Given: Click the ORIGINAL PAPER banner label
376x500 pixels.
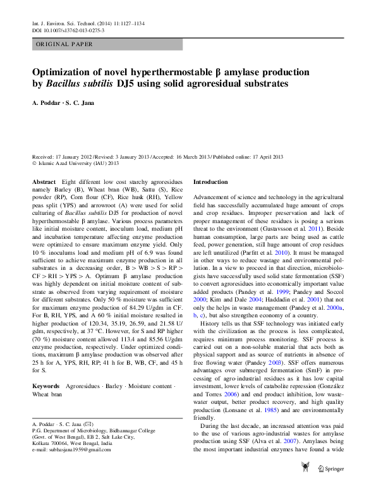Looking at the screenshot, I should (x=65, y=45).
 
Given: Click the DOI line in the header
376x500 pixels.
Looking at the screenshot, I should (x=68, y=30).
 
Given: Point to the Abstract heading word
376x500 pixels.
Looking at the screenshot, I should (x=43, y=182).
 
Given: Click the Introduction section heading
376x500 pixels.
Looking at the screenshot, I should (x=210, y=182).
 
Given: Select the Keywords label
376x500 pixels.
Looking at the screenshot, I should (x=45, y=386).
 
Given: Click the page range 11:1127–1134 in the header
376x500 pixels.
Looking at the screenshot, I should (x=129, y=23).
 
